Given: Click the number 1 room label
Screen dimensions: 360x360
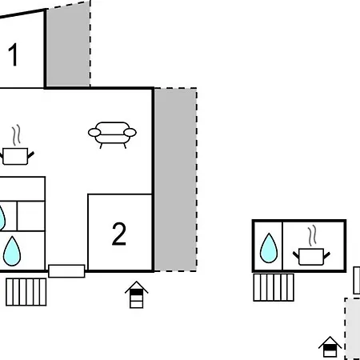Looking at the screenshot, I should pyautogui.click(x=13, y=56).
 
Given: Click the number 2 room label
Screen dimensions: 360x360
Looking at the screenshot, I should pyautogui.click(x=118, y=234).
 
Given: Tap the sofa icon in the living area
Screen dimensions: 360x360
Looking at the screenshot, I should pyautogui.click(x=112, y=134).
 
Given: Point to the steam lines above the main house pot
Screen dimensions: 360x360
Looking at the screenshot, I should pyautogui.click(x=16, y=134).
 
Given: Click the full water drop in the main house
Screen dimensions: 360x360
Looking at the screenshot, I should pyautogui.click(x=11, y=250).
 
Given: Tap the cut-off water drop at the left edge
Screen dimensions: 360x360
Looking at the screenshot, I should pyautogui.click(x=2, y=216).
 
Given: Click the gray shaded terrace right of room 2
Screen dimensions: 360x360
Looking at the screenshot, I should pyautogui.click(x=174, y=180).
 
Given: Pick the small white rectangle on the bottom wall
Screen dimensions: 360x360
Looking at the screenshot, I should pyautogui.click(x=66, y=270).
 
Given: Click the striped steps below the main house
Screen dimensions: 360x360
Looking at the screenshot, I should pyautogui.click(x=26, y=291).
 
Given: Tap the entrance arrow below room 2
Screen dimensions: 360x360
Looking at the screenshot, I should pyautogui.click(x=138, y=294).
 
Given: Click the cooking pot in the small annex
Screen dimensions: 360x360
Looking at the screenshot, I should pyautogui.click(x=312, y=255).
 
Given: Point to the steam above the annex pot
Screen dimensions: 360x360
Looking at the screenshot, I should pyautogui.click(x=314, y=234).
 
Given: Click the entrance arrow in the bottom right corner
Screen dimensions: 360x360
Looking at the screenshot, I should pyautogui.click(x=330, y=346).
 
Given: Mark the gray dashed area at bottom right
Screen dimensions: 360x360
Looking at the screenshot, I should pyautogui.click(x=352, y=328).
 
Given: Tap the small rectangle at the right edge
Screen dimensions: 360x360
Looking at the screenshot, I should pyautogui.click(x=357, y=280).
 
